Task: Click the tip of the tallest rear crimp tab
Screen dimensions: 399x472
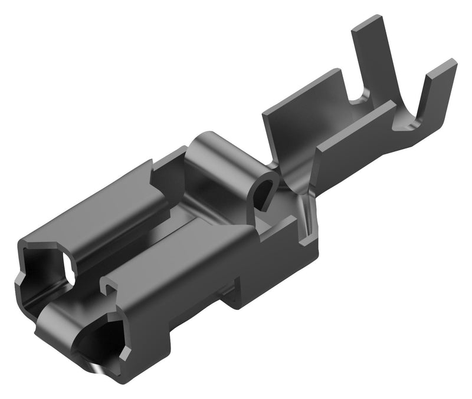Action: pyautogui.click(x=367, y=22)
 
